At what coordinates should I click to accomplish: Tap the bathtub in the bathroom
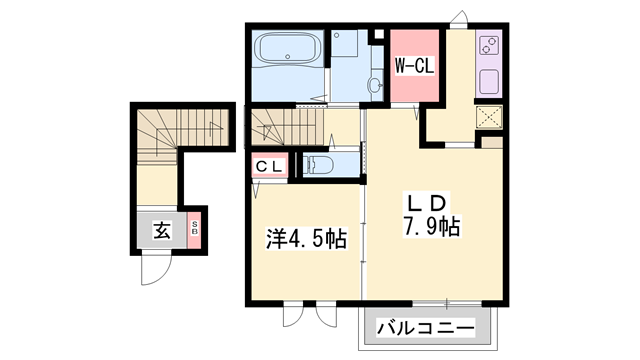(286, 48)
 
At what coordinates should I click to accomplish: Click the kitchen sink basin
(490, 81)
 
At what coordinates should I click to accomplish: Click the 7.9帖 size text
(432, 226)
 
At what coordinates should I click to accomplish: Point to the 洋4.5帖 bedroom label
(306, 240)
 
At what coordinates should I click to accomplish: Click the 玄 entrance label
(162, 231)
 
